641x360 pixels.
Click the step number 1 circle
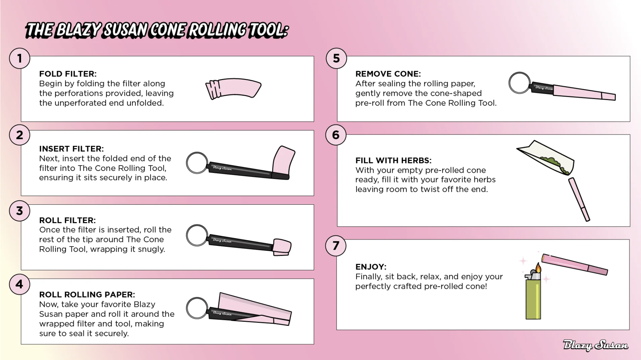tap(20, 58)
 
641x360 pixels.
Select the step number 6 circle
tap(336, 135)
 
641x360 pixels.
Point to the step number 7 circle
tap(336, 246)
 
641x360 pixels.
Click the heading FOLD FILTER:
tap(68, 74)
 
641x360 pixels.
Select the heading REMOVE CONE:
tap(388, 74)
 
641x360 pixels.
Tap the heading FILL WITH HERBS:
tap(393, 161)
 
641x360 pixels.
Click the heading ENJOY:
tap(371, 267)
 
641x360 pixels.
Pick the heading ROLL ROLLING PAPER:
tap(87, 294)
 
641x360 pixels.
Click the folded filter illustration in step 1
tap(233, 89)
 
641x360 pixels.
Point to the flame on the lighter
tap(538, 268)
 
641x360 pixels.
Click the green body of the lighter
tap(533, 299)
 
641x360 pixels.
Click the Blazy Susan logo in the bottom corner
tap(596, 345)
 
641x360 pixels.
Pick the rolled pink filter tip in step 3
tap(282, 247)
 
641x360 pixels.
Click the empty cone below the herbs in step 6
tap(579, 199)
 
